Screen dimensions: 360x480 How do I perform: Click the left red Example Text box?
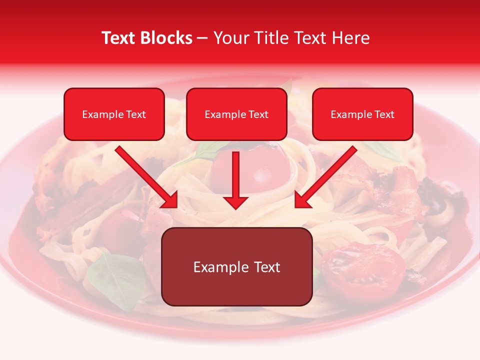pyautogui.click(x=114, y=114)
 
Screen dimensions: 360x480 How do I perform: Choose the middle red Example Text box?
pyautogui.click(x=236, y=114)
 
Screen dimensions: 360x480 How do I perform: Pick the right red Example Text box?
pyautogui.click(x=362, y=114)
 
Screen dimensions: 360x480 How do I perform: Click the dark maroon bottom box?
pyautogui.click(x=237, y=267)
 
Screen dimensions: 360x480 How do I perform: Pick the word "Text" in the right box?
pyautogui.click(x=384, y=114)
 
